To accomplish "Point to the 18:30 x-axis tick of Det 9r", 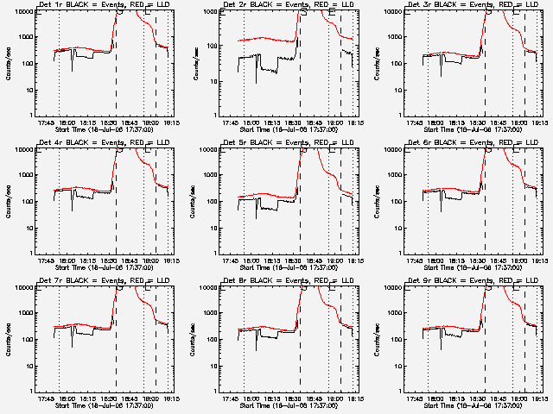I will [x=486, y=398].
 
